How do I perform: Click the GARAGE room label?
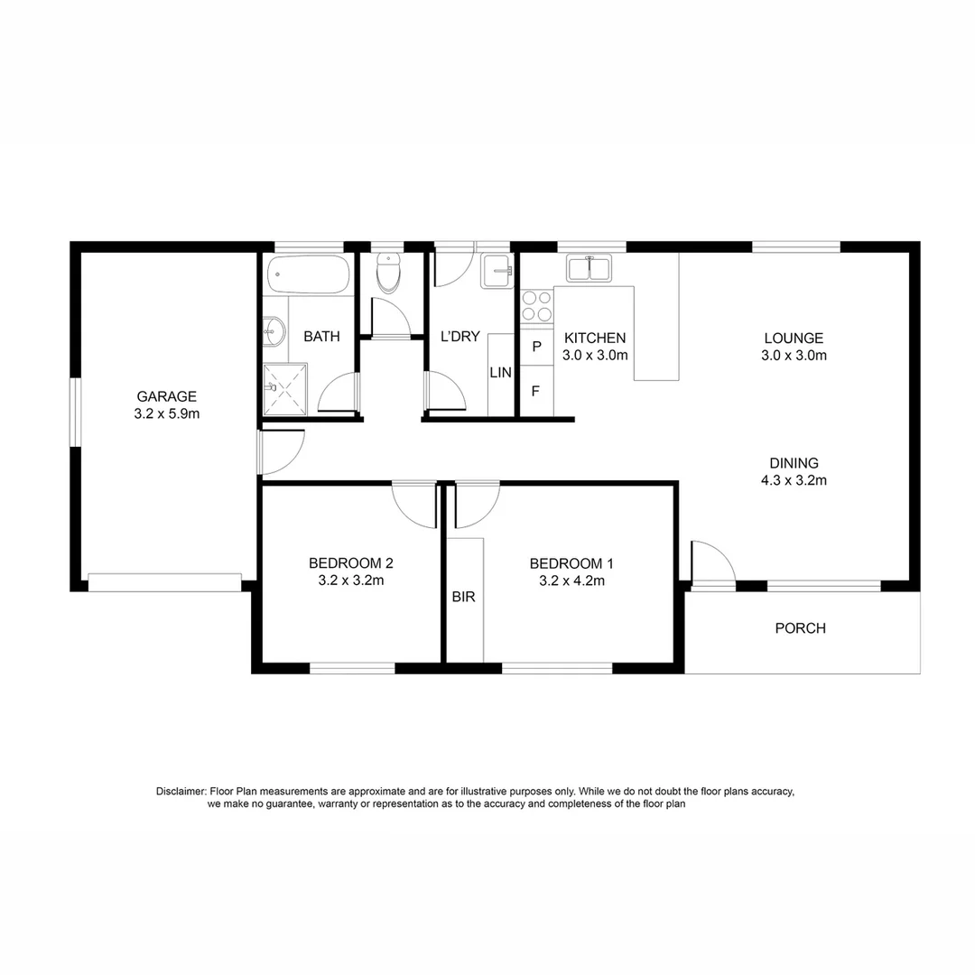pyautogui.click(x=166, y=396)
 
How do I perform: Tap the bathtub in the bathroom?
pyautogui.click(x=309, y=273)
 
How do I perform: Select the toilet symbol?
pyautogui.click(x=388, y=274)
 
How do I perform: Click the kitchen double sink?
pyautogui.click(x=590, y=268)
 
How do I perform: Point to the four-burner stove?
pyautogui.click(x=536, y=305)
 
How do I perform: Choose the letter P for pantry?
pyautogui.click(x=536, y=347)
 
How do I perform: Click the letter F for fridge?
pyautogui.click(x=536, y=392)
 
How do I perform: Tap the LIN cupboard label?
pyautogui.click(x=500, y=372)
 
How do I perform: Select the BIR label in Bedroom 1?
pyautogui.click(x=464, y=597)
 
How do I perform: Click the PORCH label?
pyautogui.click(x=800, y=628)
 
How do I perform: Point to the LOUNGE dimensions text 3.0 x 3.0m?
pyautogui.click(x=794, y=356)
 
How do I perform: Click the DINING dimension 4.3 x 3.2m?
pyautogui.click(x=794, y=480)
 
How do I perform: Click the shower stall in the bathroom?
pyautogui.click(x=285, y=389)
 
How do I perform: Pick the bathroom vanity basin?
pyautogui.click(x=273, y=332)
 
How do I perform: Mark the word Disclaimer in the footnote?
pyautogui.click(x=181, y=792)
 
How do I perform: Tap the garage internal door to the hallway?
pyautogui.click(x=282, y=451)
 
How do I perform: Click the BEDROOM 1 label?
pyautogui.click(x=566, y=563)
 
